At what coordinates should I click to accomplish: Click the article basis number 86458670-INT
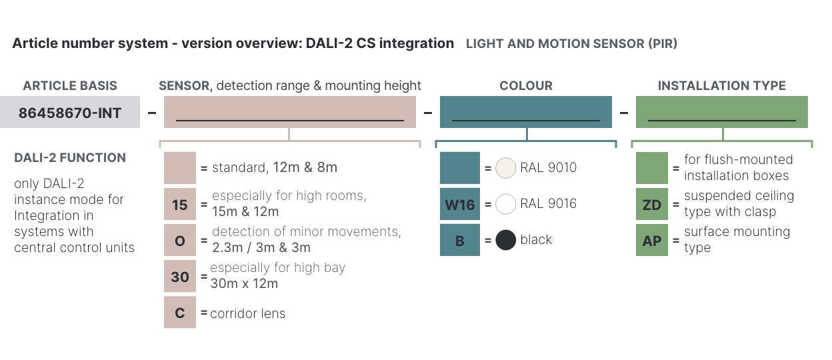click(x=70, y=113)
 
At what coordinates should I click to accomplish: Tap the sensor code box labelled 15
click(x=180, y=204)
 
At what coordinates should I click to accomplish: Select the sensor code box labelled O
click(x=180, y=240)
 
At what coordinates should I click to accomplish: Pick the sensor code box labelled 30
click(x=180, y=276)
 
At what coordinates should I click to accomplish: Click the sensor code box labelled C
click(x=180, y=312)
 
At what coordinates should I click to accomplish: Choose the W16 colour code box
click(x=460, y=204)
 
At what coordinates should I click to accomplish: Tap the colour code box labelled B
click(x=460, y=240)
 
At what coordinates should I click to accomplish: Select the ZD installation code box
click(x=652, y=204)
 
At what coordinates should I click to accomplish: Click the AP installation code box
click(x=652, y=240)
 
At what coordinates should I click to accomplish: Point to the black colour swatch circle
click(x=505, y=240)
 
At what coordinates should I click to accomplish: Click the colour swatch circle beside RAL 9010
click(x=505, y=168)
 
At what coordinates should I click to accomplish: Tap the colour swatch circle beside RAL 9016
click(x=505, y=204)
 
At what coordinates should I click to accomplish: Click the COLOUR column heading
click(x=526, y=86)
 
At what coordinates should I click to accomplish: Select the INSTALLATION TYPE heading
click(x=722, y=86)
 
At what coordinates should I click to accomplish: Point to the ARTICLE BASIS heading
click(x=70, y=86)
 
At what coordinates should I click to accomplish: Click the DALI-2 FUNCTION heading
click(x=70, y=158)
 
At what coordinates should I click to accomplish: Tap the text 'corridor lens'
click(x=248, y=313)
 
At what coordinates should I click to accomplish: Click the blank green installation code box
click(x=652, y=168)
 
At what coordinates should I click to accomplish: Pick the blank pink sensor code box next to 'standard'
click(x=180, y=168)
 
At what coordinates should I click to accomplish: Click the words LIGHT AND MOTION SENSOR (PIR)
click(x=571, y=44)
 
